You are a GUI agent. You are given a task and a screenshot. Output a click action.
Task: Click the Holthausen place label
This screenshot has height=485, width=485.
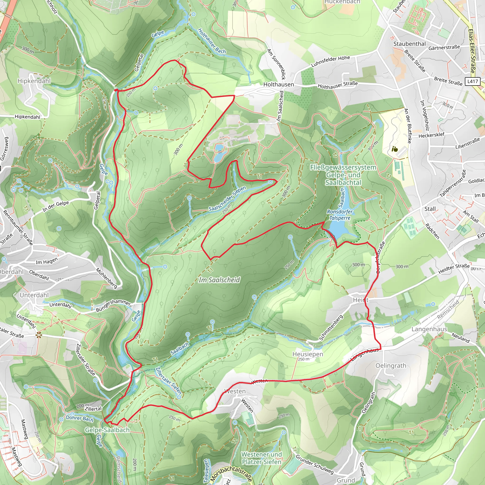pos(278,85)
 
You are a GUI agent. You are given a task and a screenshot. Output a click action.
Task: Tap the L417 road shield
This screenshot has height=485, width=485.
pos(472,81)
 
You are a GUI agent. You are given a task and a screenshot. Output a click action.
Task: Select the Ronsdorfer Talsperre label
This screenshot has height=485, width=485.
pos(340,215)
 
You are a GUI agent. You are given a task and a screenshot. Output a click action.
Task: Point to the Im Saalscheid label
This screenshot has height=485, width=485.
pos(219,280)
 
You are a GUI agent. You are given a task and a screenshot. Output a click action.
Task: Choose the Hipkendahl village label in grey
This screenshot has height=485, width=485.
pos(34,81)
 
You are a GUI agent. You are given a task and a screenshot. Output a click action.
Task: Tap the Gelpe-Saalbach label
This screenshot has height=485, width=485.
pos(107,430)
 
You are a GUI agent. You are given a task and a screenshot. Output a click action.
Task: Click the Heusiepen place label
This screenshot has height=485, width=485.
pos(308,354)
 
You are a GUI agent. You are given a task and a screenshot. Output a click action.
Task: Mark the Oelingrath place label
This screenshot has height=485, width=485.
pos(391,366)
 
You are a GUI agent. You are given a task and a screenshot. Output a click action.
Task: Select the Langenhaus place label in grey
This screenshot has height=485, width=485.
pos(429,329)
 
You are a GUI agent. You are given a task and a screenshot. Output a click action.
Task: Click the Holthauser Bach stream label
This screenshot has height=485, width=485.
pos(212,41)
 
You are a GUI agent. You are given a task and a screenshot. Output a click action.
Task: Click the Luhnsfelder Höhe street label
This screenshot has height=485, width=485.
pos(330,61)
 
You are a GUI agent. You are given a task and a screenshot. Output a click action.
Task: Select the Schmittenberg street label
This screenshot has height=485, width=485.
pos(331,328)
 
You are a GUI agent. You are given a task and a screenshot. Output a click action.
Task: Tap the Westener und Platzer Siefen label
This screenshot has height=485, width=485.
pos(261,458)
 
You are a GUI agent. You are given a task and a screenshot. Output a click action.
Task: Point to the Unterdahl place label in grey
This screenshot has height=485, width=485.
pos(34,295)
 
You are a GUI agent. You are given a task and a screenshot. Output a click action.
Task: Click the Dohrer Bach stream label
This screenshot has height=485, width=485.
pos(79,418)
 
